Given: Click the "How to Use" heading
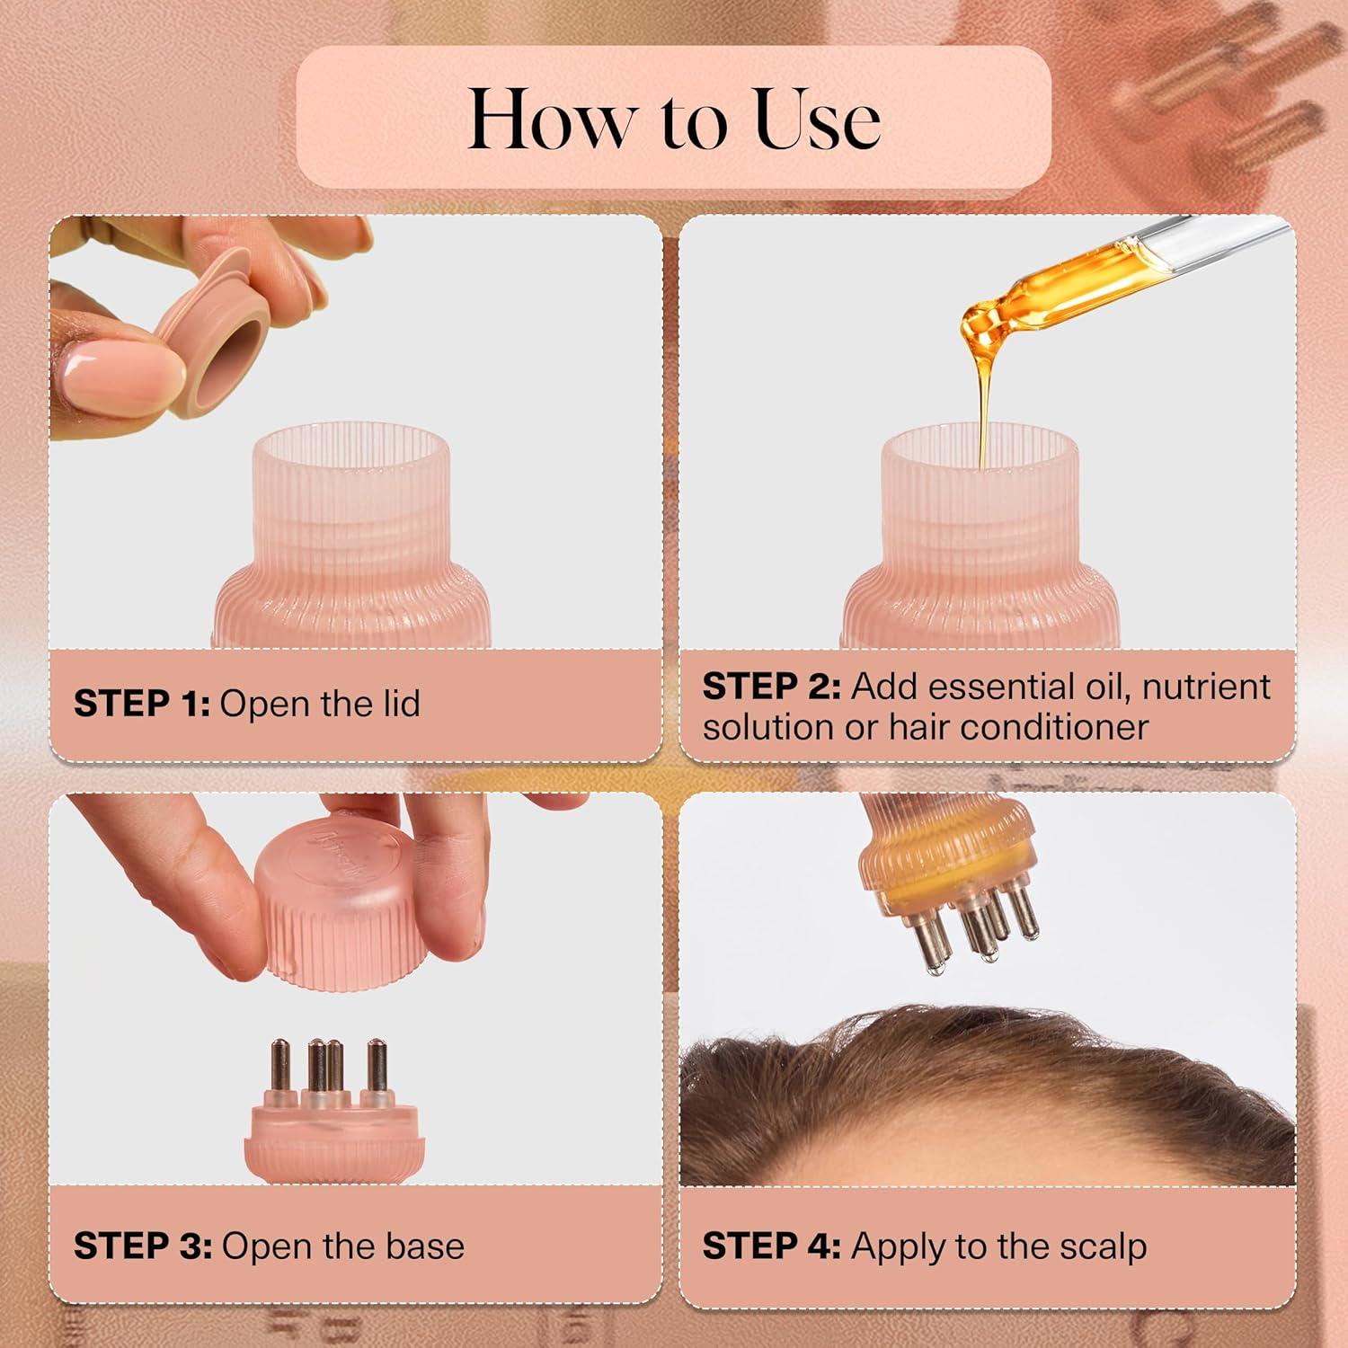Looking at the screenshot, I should click(674, 119).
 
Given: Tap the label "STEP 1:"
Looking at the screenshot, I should click(141, 704).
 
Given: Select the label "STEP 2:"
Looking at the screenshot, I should click(771, 687).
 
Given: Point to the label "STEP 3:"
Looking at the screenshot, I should click(142, 1246).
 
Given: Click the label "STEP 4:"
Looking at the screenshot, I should click(771, 1246).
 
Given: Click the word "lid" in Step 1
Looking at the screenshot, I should click(399, 704).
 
